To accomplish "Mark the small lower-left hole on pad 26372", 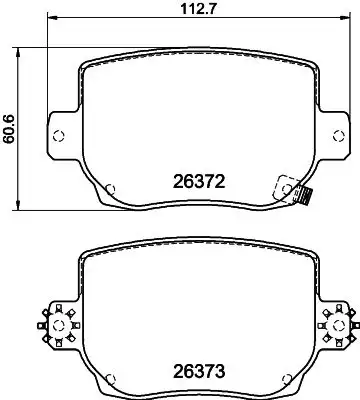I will pos(110,188).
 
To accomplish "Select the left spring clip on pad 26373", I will pos(57,321).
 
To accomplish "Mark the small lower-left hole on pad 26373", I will pos(110,378).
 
